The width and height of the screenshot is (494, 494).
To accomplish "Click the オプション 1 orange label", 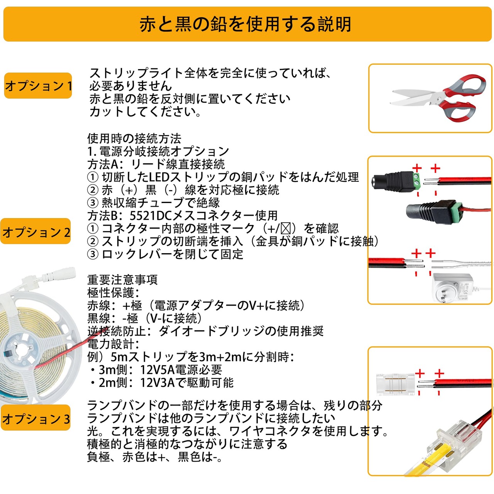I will point(38,86).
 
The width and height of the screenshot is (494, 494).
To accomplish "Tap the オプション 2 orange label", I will point(36,232).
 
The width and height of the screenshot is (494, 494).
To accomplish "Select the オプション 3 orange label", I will point(36,418).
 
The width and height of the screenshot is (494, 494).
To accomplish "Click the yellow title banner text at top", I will point(245,24).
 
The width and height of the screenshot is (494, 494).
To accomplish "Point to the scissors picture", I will point(438,98).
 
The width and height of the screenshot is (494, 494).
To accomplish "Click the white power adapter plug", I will point(452,287).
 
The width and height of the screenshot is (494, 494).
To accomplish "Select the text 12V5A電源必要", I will point(181,370).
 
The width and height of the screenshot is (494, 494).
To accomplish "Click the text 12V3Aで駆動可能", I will point(187,383).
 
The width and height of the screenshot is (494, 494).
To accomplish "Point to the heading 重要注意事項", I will point(122,279).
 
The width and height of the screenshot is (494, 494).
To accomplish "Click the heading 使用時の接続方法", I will point(134,138).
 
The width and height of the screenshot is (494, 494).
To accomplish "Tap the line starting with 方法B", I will point(182,215).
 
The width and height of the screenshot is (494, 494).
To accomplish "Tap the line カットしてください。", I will point(145,112).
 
